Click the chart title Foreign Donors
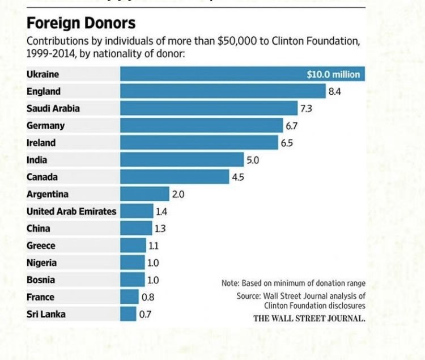point(81,23)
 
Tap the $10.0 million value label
point(333,75)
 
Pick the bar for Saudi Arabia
point(209,108)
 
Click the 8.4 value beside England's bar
point(334,91)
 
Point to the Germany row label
point(46,126)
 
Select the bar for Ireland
point(199,143)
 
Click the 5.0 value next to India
point(252,160)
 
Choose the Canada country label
point(42,177)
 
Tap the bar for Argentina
point(144,194)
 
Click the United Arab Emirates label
point(71,211)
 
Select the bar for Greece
point(133,245)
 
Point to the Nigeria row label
point(41,262)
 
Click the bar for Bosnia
point(133,279)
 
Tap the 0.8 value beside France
point(148,297)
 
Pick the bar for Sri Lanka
point(128,314)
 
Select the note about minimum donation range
point(294,283)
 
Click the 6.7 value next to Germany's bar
point(292,125)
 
